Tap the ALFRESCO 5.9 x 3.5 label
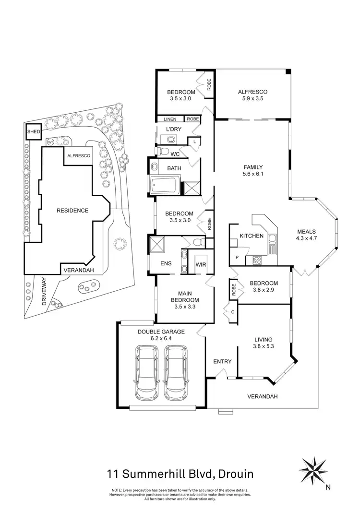[x=252, y=95]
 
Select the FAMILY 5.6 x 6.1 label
[x=252, y=171]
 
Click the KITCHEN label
[x=252, y=236]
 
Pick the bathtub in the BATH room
[x=165, y=186]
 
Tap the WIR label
[x=200, y=264]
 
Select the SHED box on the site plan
[x=33, y=131]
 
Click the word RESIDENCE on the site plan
[x=72, y=210]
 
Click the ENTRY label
[x=222, y=361]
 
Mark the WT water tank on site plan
[x=50, y=142]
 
